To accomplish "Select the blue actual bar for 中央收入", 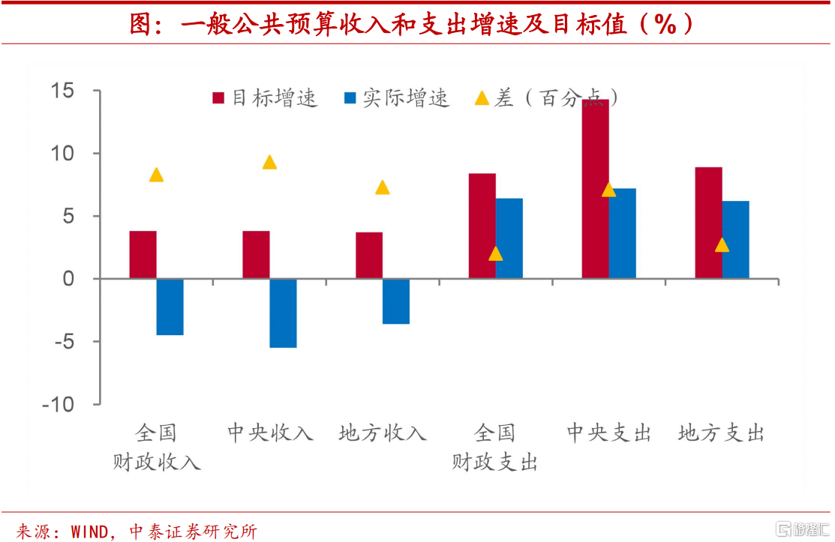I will [x=283, y=313].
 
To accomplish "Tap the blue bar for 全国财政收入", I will [x=170, y=307].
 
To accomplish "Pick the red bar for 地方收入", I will [x=369, y=256].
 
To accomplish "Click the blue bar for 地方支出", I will [x=735, y=240].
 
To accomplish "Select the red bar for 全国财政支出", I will [x=482, y=226].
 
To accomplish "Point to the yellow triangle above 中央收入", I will [x=269, y=162].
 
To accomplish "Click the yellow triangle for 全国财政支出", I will [x=495, y=253].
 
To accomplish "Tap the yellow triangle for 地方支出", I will [x=722, y=244].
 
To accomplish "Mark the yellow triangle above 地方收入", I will [x=383, y=187].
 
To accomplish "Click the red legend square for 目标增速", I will [x=219, y=98].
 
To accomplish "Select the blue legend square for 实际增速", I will [x=350, y=98].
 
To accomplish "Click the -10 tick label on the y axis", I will [x=59, y=404].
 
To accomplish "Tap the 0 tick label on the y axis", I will [x=68, y=279].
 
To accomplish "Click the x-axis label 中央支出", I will [x=608, y=433].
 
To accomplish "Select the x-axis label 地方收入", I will [x=383, y=433].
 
